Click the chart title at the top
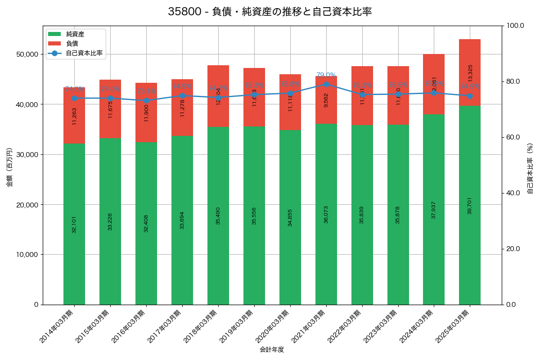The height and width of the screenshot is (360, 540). [x=270, y=12]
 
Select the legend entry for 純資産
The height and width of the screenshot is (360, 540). [x=75, y=34]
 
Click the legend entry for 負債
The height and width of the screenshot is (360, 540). [x=72, y=44]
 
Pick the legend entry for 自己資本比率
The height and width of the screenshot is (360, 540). [x=84, y=53]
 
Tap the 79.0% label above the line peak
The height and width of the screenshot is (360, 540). [x=326, y=75]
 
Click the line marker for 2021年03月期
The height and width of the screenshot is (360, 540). [x=326, y=84]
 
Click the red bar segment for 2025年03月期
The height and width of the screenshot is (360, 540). [x=470, y=72]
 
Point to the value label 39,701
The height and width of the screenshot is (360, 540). [x=470, y=205]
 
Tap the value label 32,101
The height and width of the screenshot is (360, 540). [x=74, y=223]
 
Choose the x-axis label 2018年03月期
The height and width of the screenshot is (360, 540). [x=202, y=327]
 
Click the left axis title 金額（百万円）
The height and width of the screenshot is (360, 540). [x=9, y=167]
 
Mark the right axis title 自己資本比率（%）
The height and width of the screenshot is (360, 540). [x=530, y=168]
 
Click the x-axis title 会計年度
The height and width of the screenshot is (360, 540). [x=272, y=350]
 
